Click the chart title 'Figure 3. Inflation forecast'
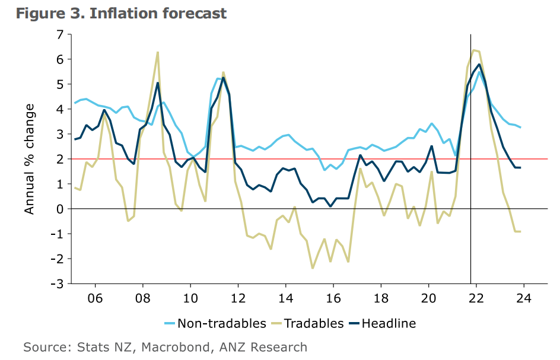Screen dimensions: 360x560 [x=121, y=13]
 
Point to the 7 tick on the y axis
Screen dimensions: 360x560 [x=59, y=34]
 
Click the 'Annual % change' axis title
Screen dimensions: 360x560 [x=30, y=159]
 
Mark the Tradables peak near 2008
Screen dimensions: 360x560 [x=158, y=52]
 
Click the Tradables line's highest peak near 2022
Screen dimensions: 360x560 [x=473, y=50]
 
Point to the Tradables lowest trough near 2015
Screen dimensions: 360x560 [x=312, y=269]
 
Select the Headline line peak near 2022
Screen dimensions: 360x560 [x=479, y=64]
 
